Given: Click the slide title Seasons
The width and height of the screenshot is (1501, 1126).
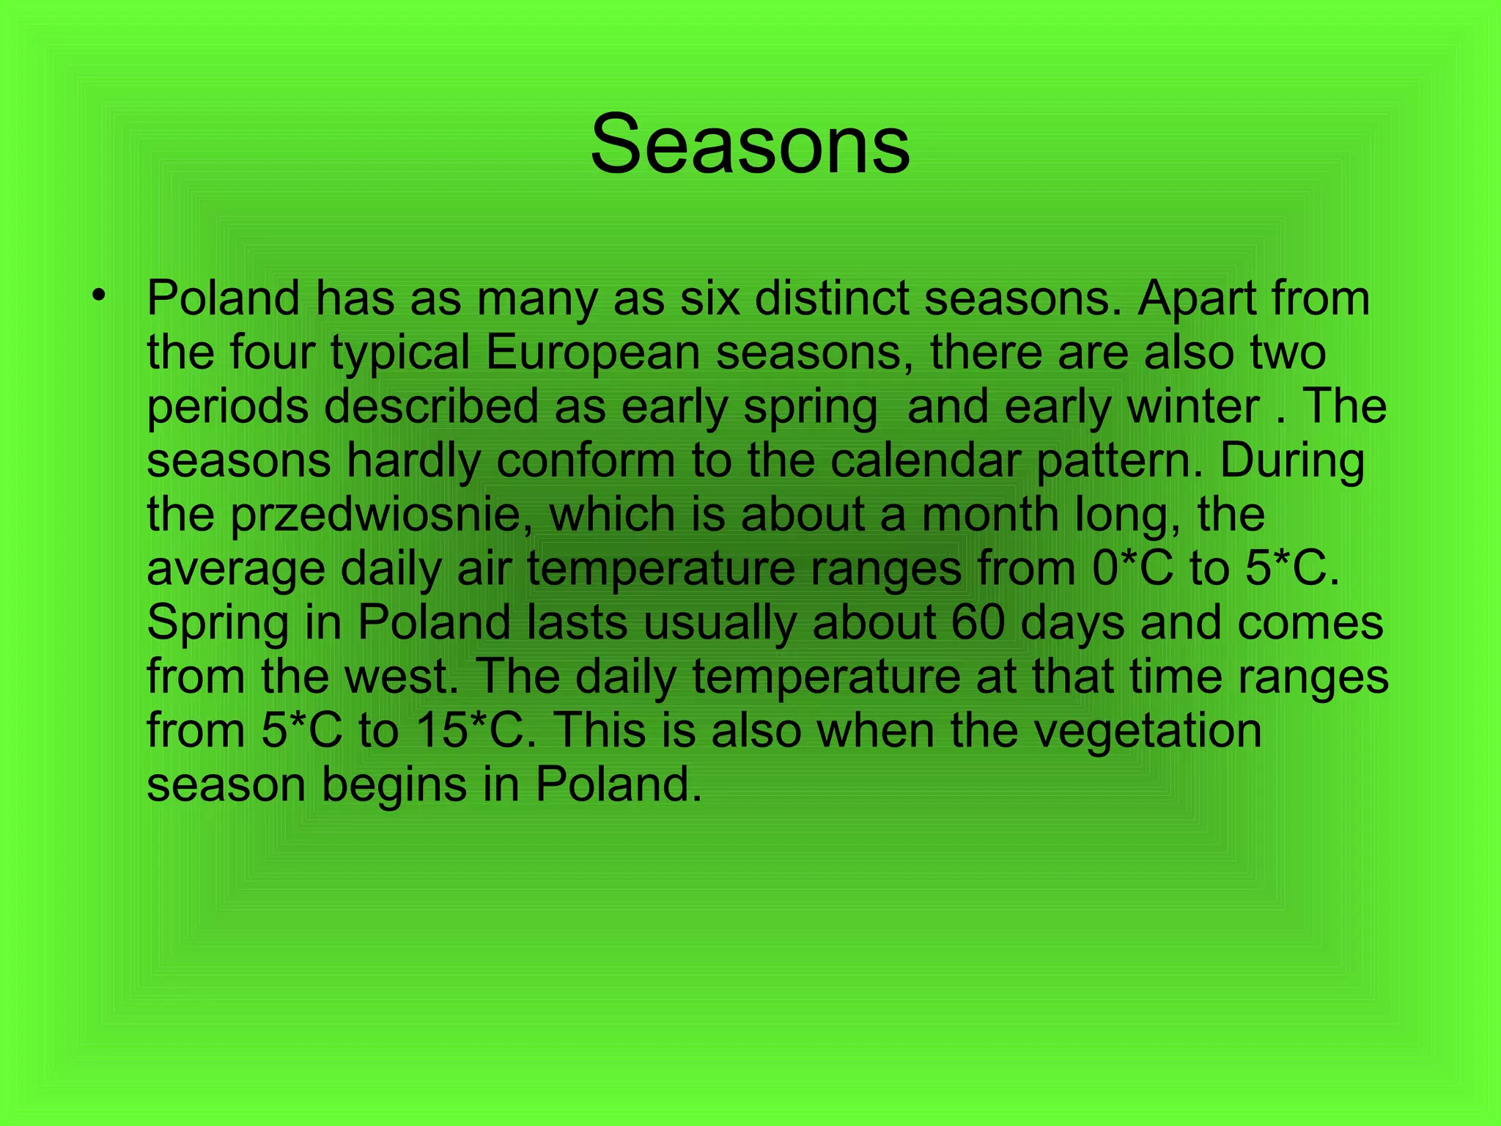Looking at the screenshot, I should [x=750, y=144].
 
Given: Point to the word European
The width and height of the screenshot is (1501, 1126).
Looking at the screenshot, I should [x=593, y=353].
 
